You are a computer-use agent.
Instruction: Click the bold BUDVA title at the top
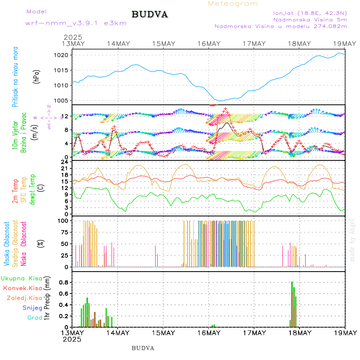pyautogui.click(x=150, y=15)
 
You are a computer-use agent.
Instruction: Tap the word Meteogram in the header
pyautogui.click(x=233, y=4)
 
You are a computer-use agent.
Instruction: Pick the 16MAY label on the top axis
pyautogui.click(x=209, y=44)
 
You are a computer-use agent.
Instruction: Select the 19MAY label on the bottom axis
pyautogui.click(x=345, y=333)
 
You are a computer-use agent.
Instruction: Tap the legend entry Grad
pyautogui.click(x=35, y=318)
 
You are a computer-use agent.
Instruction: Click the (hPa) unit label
pyautogui.click(x=37, y=77)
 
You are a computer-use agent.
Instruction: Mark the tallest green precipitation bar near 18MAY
pyautogui.click(x=292, y=304)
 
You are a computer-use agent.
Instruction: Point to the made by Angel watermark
pyautogui.click(x=352, y=240)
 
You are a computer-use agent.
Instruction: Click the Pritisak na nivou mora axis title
pyautogui.click(x=16, y=77)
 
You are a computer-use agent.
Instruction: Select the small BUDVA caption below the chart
pyautogui.click(x=143, y=348)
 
